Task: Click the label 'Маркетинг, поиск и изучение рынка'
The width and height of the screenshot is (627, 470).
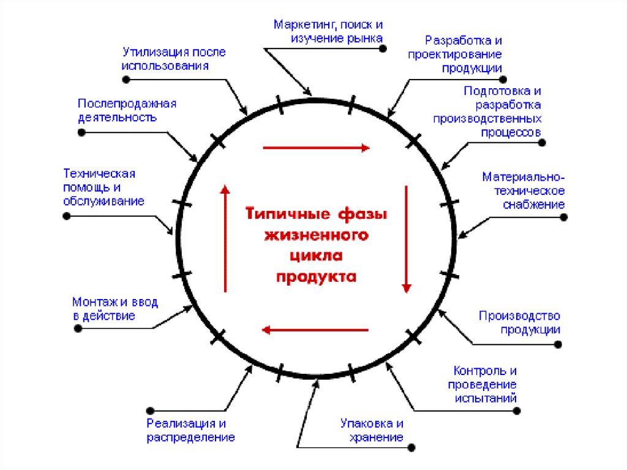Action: click(x=328, y=32)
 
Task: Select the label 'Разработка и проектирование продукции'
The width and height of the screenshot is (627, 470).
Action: click(x=464, y=55)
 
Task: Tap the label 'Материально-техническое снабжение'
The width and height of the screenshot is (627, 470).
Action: click(x=523, y=191)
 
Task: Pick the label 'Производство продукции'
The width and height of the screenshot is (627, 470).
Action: click(x=519, y=322)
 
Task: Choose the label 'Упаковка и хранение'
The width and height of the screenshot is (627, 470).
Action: click(x=372, y=430)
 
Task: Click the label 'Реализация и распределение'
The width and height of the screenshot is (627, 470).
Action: click(x=190, y=431)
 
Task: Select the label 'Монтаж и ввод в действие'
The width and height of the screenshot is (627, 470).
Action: click(x=115, y=309)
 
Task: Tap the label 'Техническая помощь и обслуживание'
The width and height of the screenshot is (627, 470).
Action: click(x=103, y=187)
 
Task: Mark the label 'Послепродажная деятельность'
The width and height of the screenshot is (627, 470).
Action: click(x=127, y=110)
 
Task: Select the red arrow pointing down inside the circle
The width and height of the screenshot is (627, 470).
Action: click(x=405, y=239)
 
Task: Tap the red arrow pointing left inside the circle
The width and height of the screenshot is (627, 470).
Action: click(x=315, y=330)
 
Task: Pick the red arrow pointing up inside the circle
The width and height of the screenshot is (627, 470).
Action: click(x=225, y=239)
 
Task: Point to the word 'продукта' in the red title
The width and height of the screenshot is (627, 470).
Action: click(x=316, y=276)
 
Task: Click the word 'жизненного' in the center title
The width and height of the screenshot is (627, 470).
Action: click(x=316, y=235)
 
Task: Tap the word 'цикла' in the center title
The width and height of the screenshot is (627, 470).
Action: click(x=316, y=256)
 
